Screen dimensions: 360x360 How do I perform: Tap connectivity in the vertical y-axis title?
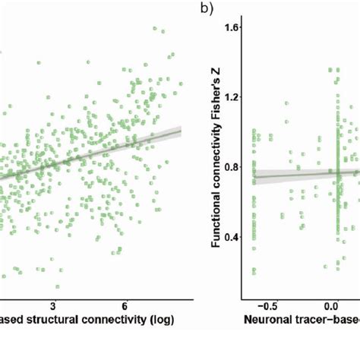pyautogui.click(x=215, y=140)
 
